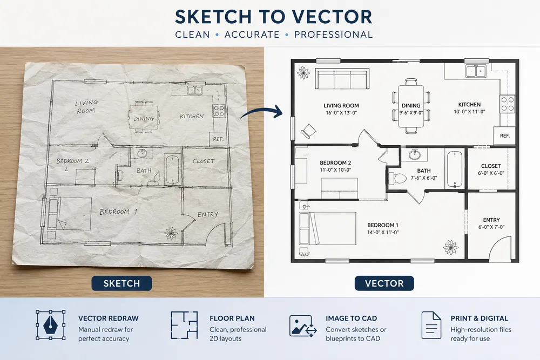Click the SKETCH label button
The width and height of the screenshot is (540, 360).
(122, 283)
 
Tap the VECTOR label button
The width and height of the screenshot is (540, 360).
(384, 283)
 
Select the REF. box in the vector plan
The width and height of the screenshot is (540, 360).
(504, 135)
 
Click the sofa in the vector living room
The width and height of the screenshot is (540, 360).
(342, 79)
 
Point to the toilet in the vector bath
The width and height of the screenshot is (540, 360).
(398, 178)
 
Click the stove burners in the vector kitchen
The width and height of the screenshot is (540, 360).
(507, 104)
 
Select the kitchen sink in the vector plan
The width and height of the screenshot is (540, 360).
(476, 71)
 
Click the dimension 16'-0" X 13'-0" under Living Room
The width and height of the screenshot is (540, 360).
(341, 113)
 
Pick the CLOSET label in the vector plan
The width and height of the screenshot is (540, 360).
(491, 166)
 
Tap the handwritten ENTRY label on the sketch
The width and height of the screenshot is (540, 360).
(208, 214)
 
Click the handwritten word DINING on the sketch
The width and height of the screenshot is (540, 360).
(144, 118)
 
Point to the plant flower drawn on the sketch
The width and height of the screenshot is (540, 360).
(171, 233)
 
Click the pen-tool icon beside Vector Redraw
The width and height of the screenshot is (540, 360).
(50, 325)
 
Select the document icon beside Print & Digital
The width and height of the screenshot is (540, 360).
(431, 325)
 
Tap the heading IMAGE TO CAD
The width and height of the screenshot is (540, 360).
(352, 318)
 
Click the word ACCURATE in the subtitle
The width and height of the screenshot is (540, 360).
(252, 35)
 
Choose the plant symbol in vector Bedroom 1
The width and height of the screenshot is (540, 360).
(451, 247)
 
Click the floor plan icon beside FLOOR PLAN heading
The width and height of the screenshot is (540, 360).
(184, 325)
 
